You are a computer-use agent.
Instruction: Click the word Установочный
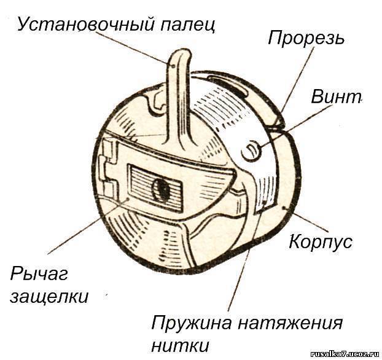86,25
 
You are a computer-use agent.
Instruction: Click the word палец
187,25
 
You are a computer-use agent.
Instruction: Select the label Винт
336,96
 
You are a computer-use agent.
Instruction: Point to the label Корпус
321,241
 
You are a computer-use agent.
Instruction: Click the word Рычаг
39,274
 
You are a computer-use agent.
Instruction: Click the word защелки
49,297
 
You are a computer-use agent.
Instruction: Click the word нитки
180,345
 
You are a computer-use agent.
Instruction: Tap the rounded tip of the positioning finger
181,53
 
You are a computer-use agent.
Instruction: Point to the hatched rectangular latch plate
155,187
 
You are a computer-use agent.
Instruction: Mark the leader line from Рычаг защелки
88,227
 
